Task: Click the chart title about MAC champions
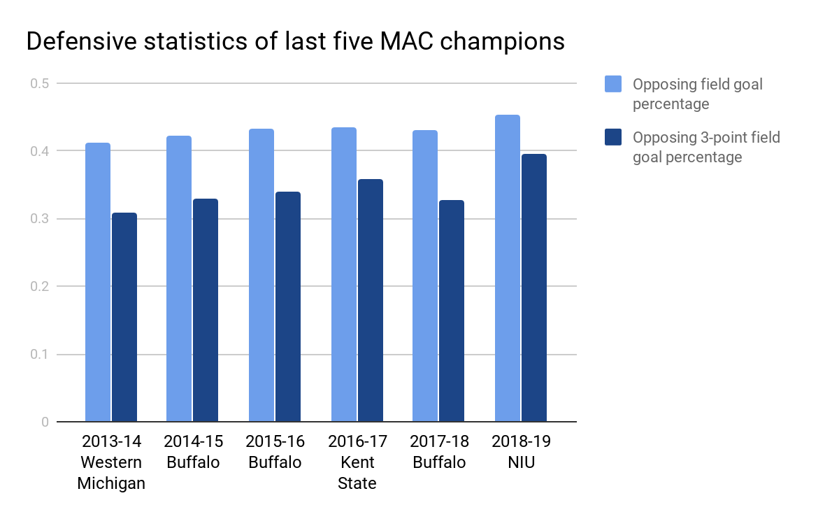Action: coord(295,42)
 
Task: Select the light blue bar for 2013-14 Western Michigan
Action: coord(98,283)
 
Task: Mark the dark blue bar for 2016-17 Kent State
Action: coord(371,301)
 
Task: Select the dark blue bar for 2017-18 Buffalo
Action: coord(452,311)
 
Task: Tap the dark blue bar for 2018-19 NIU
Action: coord(534,287)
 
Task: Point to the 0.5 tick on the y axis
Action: coord(39,83)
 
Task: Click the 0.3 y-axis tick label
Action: coord(39,219)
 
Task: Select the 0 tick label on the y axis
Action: coord(45,422)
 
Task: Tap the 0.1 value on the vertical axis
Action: coord(39,355)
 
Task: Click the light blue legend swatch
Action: coord(613,85)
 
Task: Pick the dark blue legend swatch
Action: coord(613,138)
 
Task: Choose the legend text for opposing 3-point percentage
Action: coord(706,147)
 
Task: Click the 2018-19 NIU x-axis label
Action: coord(521,452)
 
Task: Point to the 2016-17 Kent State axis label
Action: coord(357,462)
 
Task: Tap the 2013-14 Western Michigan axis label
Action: coord(111,462)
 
